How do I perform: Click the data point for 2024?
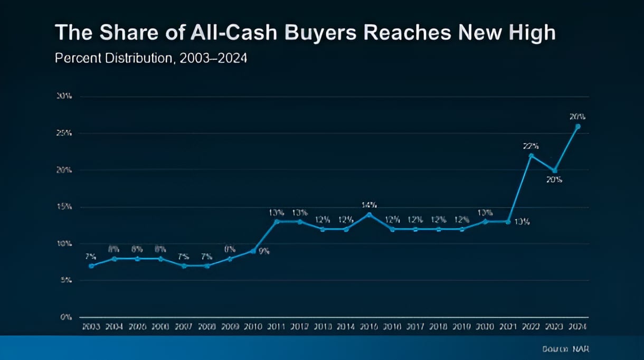tap(577, 127)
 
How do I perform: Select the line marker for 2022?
tap(531, 155)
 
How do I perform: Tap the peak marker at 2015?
tap(369, 214)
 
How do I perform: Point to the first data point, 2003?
tap(91, 266)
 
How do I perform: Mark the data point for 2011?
tap(277, 221)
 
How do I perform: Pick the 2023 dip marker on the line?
tap(554, 170)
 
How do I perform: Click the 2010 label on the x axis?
tap(253, 327)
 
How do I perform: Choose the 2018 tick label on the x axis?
tap(438, 327)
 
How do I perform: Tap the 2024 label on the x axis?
tap(577, 327)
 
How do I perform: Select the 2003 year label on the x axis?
tap(91, 327)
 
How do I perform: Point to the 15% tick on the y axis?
tap(65, 207)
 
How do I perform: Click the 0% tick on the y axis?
tap(66, 317)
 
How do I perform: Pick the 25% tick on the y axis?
tap(65, 134)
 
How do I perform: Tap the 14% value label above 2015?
tap(368, 204)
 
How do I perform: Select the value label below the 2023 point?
tap(554, 180)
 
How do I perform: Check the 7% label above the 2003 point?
tap(91, 257)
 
